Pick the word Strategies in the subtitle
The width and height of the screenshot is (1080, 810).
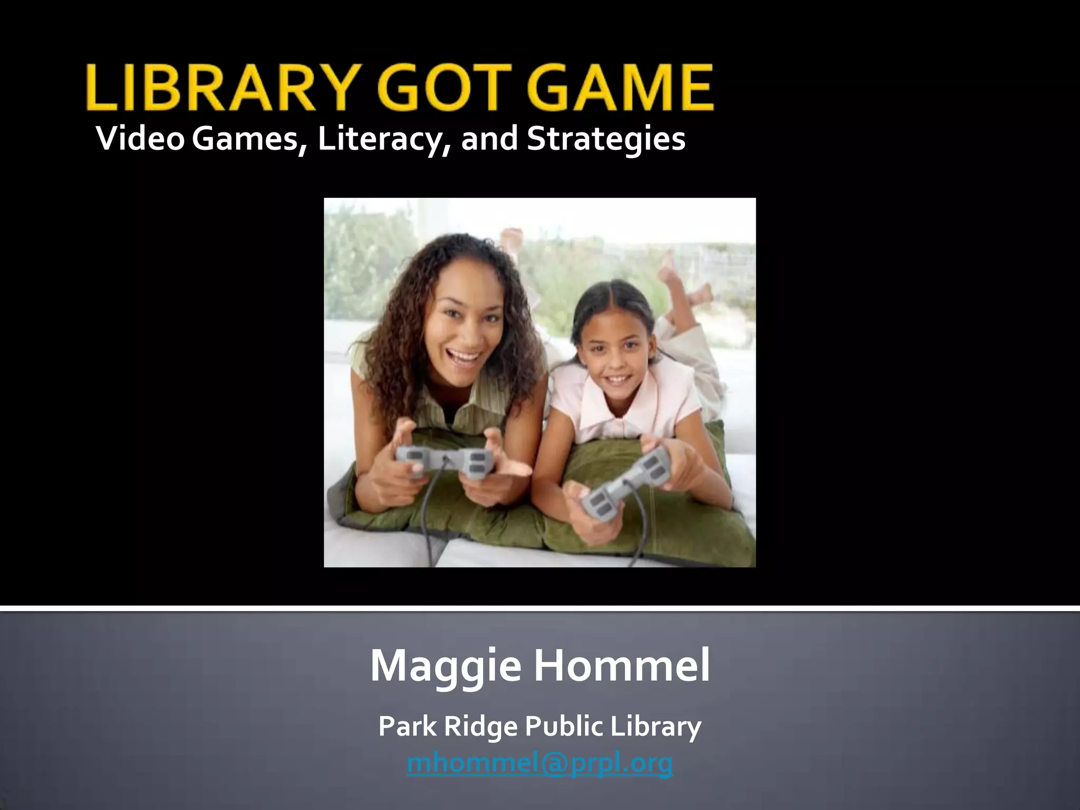[x=606, y=139]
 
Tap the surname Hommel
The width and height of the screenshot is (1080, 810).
[x=622, y=666]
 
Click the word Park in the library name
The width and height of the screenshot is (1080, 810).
[x=408, y=726]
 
